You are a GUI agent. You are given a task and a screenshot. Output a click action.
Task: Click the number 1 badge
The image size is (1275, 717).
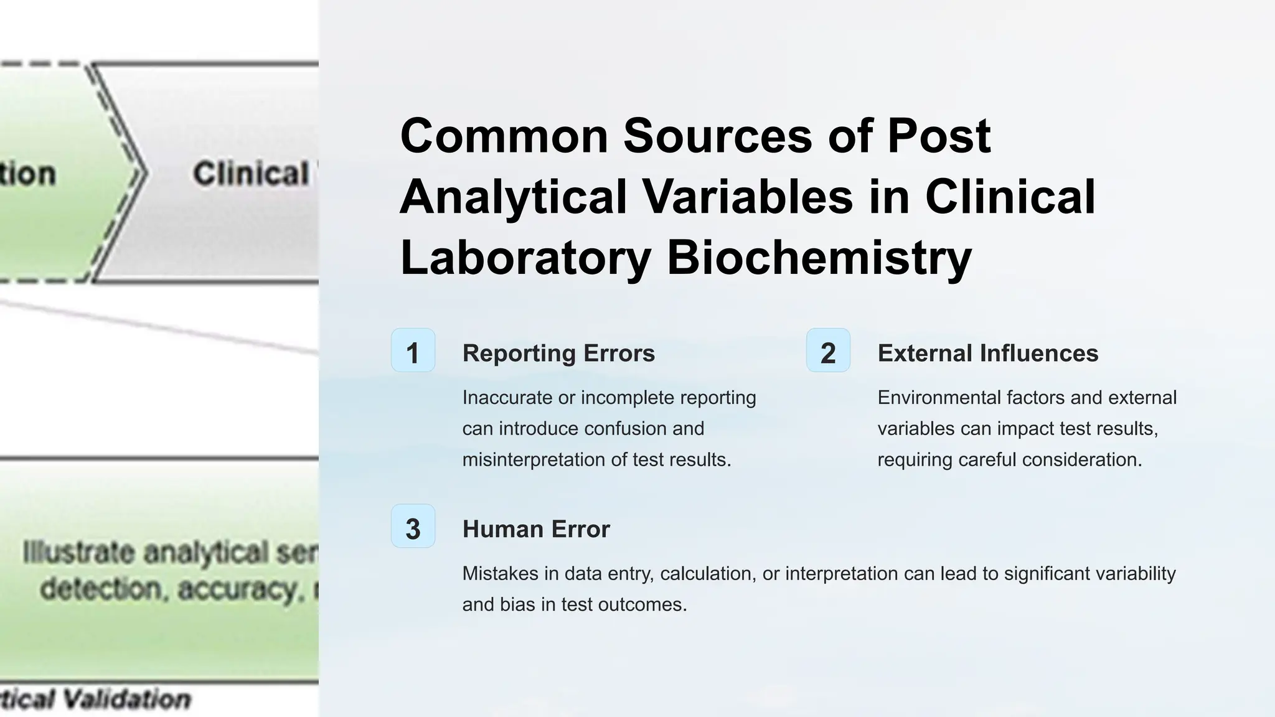tap(413, 350)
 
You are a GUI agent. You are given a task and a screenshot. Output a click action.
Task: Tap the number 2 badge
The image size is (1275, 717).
tap(828, 350)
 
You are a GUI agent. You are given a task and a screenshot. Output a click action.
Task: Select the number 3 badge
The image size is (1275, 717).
tap(413, 527)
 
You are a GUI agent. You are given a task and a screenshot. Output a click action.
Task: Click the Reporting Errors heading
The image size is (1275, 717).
tap(558, 354)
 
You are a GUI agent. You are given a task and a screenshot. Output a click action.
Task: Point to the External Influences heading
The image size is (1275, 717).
tap(987, 354)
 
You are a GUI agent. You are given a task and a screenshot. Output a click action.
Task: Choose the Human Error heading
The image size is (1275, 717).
tap(535, 530)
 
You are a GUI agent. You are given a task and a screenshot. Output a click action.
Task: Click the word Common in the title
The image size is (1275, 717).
tap(504, 136)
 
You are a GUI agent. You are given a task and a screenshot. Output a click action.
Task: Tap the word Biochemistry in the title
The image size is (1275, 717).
tap(819, 258)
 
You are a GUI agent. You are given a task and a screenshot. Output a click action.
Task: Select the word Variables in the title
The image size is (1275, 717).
tap(746, 197)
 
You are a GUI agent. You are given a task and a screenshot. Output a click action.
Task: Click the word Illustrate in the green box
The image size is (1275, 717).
tap(78, 553)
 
